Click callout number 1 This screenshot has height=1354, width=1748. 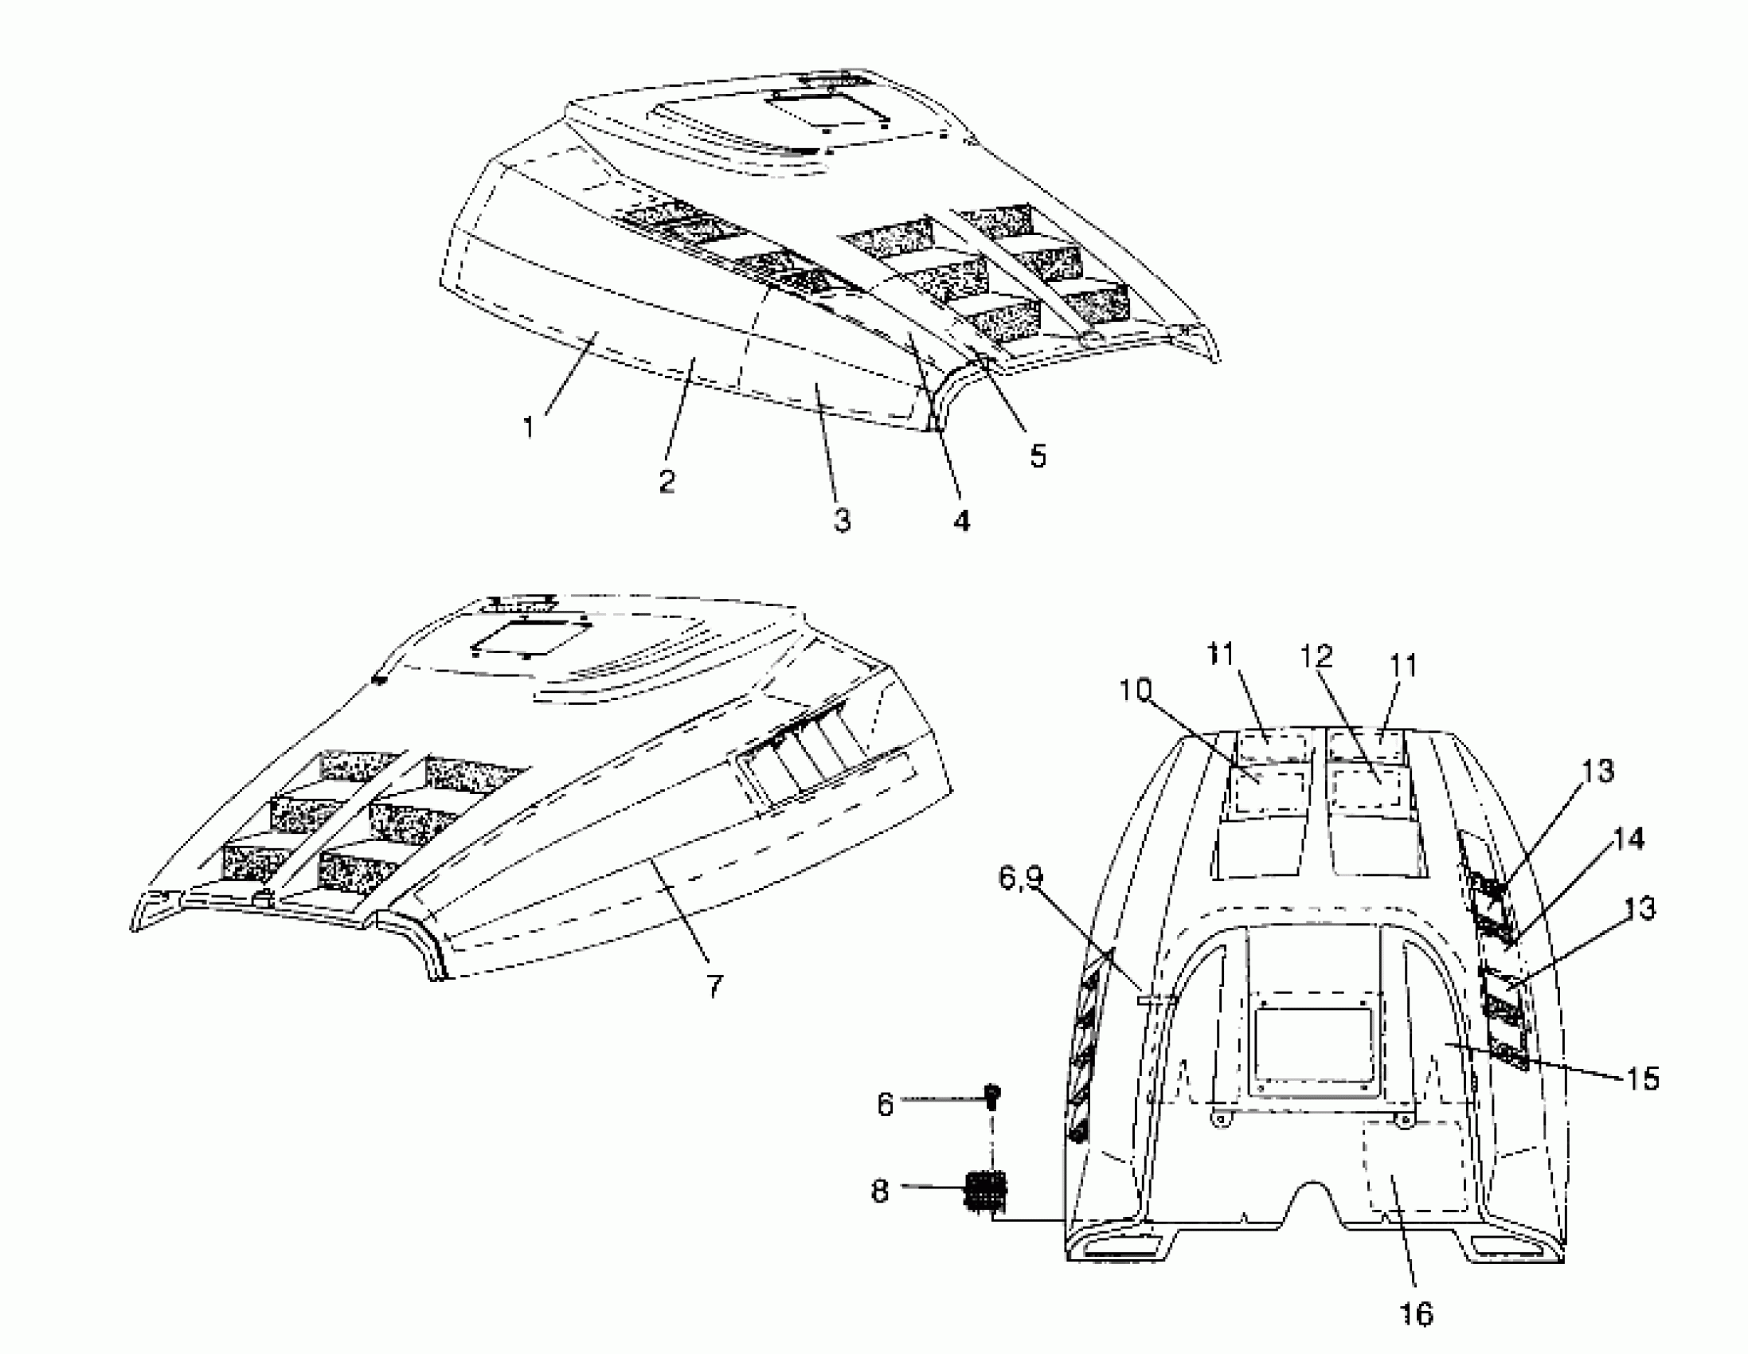pyautogui.click(x=528, y=427)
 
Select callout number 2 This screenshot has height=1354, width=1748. pyautogui.click(x=667, y=481)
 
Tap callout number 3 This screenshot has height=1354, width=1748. pyautogui.click(x=840, y=519)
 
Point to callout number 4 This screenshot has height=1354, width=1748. pyautogui.click(x=961, y=519)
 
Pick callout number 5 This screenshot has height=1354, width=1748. pyautogui.click(x=1038, y=456)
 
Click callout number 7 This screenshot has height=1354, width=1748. pyautogui.click(x=714, y=986)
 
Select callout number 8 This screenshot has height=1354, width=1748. pyautogui.click(x=880, y=1192)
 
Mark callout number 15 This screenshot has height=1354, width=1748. pyautogui.click(x=1643, y=1078)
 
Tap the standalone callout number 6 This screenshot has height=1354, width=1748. pyautogui.click(x=885, y=1105)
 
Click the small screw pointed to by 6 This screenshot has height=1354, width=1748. pyautogui.click(x=993, y=1095)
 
